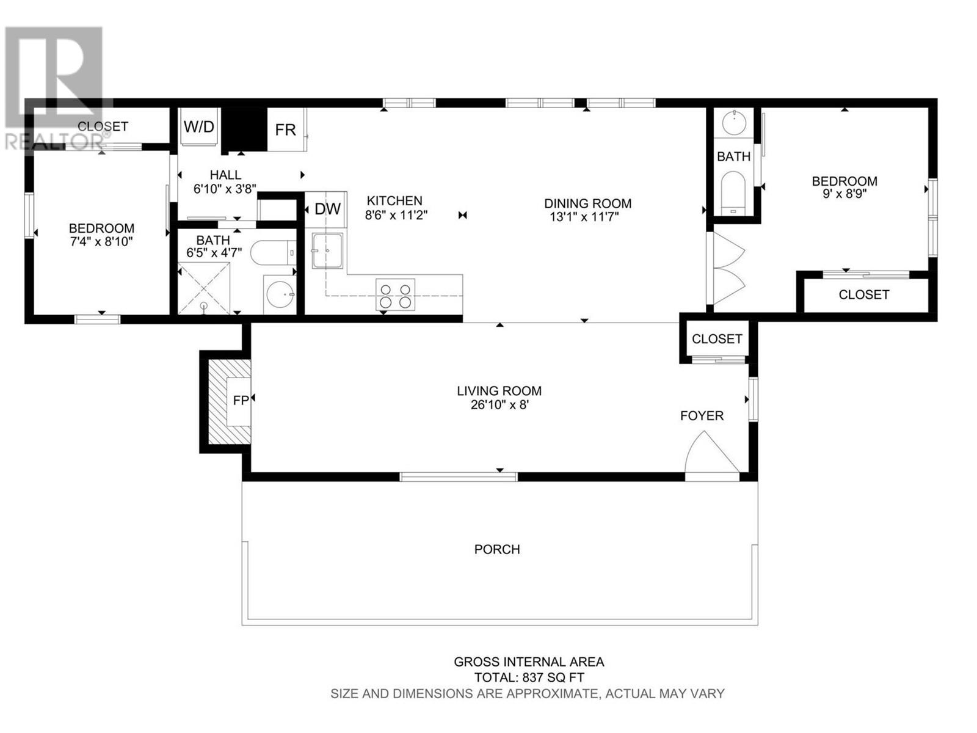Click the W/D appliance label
[199, 126]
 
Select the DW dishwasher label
[327, 209]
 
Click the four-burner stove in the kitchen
[395, 294]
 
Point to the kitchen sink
[327, 250]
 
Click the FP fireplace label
[241, 401]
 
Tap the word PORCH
[496, 549]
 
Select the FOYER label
[702, 416]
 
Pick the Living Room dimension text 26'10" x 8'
[499, 405]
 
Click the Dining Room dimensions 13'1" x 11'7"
[584, 217]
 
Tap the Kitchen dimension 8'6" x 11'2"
[396, 215]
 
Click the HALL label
[226, 175]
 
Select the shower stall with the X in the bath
[204, 288]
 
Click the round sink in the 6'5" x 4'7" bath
[280, 294]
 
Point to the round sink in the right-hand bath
[733, 123]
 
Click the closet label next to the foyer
[717, 339]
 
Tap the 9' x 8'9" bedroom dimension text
[844, 194]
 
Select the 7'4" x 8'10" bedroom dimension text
[102, 242]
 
